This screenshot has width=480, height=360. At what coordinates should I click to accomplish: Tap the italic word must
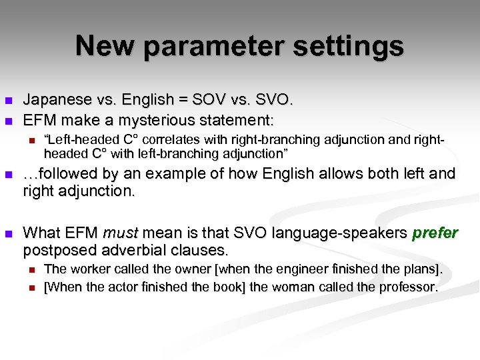click(x=120, y=233)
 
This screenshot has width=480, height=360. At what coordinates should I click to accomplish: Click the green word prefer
click(x=435, y=233)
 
